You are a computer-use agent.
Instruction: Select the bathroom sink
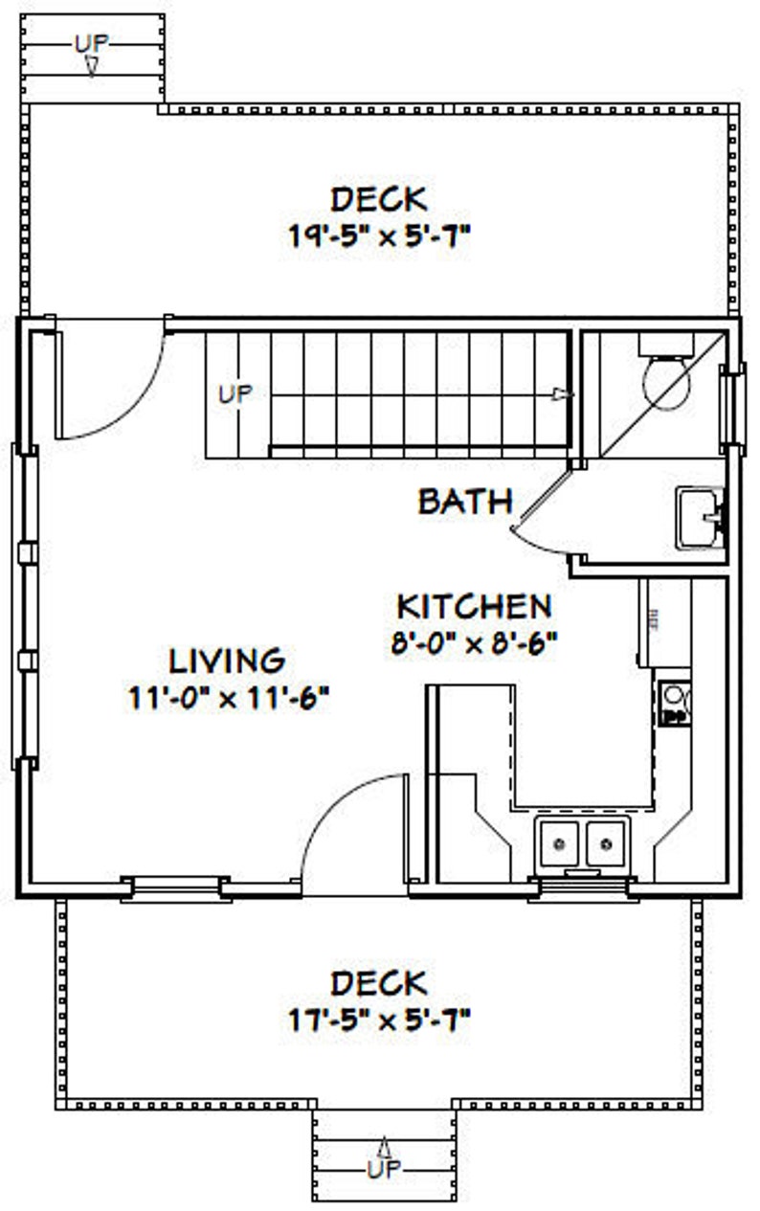[x=701, y=518]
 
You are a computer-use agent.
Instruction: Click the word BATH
[x=465, y=502]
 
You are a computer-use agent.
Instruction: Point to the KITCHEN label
[x=475, y=606]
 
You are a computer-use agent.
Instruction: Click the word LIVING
[x=228, y=660]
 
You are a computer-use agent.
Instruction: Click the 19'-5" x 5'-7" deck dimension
[x=379, y=236]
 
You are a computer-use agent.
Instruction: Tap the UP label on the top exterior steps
[x=91, y=41]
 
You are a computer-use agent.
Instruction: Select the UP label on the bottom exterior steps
[x=385, y=1169]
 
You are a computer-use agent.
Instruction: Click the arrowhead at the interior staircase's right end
[x=566, y=393]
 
